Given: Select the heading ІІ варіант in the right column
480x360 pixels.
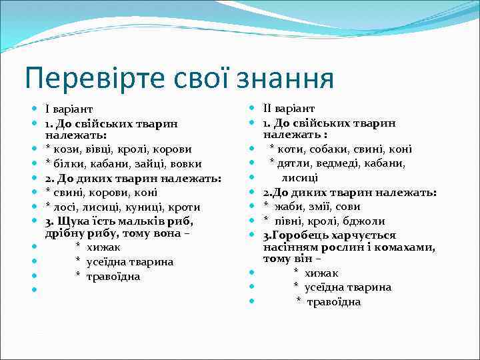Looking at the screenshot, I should click(289, 109).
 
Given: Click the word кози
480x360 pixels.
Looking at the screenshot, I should click(65, 149).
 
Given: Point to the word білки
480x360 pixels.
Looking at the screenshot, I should click(67, 164).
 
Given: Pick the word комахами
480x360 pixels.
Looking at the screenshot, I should click(409, 247).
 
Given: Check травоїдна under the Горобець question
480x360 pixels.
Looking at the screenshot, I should click(333, 302).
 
